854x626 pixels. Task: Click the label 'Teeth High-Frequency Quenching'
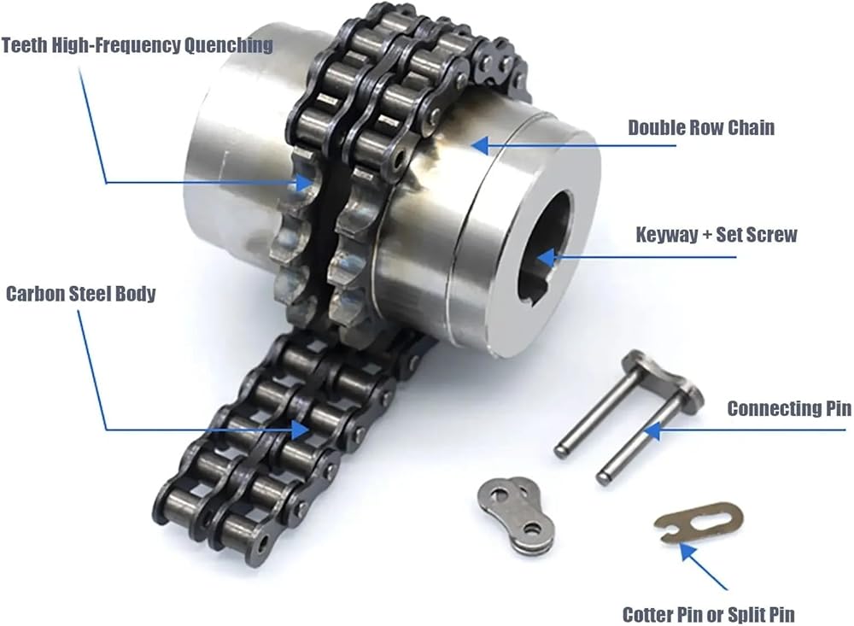(137, 45)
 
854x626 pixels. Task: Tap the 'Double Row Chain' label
(701, 127)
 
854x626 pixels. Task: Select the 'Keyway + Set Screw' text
(717, 235)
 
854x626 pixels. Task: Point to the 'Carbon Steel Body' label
(80, 294)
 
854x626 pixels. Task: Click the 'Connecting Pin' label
(789, 408)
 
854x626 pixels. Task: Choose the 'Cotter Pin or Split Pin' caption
(709, 615)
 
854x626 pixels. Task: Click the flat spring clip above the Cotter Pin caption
(699, 522)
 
